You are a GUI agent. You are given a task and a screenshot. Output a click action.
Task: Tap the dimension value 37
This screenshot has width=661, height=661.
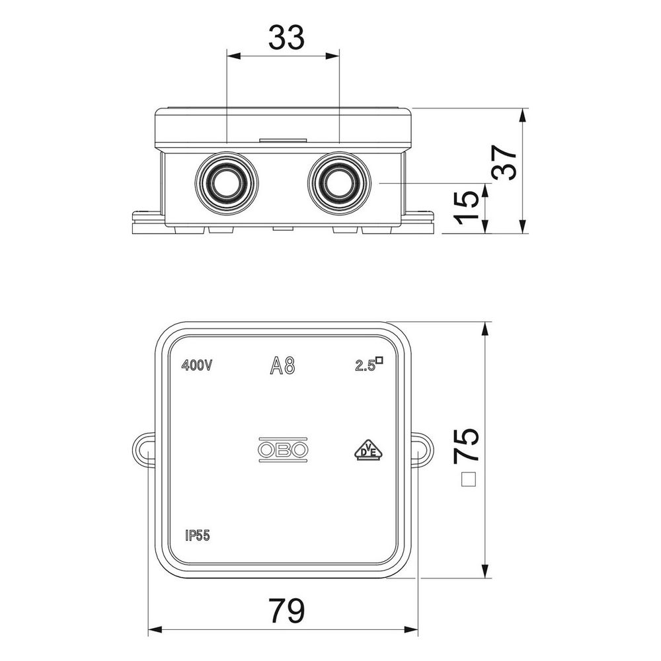pos(505,163)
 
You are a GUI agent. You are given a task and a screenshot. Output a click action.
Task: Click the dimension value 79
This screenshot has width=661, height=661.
pos(287,611)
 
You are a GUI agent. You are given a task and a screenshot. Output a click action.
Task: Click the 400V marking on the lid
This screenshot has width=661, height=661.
pos(196,365)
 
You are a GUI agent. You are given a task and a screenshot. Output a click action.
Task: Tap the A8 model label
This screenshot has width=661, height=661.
pos(282,365)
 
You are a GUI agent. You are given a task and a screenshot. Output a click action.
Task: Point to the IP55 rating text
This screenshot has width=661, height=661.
pos(197,535)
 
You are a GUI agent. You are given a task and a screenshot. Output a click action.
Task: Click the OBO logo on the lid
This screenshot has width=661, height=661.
pos(283,449)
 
